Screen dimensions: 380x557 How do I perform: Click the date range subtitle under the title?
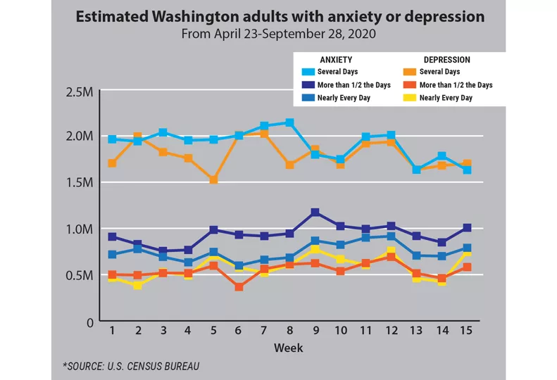[278, 32]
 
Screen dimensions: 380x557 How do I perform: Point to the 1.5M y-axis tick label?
[78, 182]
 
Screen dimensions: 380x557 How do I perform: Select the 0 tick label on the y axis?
[89, 322]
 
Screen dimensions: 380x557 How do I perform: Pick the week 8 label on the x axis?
[289, 330]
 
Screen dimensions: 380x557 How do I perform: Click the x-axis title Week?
[289, 348]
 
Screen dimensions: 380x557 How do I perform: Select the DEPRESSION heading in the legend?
[447, 60]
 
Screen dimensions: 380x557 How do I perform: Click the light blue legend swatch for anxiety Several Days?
[305, 72]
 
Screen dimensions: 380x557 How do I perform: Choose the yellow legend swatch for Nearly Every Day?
[408, 98]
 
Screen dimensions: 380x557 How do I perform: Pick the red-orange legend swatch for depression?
[408, 85]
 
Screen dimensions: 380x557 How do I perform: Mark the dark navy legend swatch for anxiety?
[305, 85]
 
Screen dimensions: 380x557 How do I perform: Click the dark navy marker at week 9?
[315, 213]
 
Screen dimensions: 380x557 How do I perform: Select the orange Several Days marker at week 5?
[213, 180]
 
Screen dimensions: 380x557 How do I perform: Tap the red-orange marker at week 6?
[239, 286]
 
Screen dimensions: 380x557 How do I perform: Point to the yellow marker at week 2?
[137, 285]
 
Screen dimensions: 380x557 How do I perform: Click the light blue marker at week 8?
[289, 123]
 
